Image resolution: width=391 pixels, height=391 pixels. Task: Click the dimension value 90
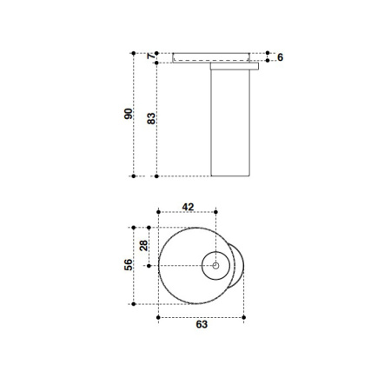tap(128, 114)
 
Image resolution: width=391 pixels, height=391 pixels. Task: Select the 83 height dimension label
tap(151, 120)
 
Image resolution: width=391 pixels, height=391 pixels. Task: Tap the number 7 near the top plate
tap(151, 56)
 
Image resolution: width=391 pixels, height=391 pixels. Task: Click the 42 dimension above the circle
tap(189, 207)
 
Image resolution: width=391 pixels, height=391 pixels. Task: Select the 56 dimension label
tap(128, 264)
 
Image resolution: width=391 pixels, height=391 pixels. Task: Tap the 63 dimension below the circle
tap(202, 325)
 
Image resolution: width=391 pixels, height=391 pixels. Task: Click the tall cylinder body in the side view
tap(230, 122)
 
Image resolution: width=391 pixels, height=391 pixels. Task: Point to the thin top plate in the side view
tap(213, 56)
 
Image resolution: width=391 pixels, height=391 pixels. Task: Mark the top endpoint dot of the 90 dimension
tap(134, 51)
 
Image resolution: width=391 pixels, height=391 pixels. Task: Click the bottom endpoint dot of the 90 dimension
tap(134, 176)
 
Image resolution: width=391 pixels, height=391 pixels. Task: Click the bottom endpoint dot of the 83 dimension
tap(157, 176)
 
